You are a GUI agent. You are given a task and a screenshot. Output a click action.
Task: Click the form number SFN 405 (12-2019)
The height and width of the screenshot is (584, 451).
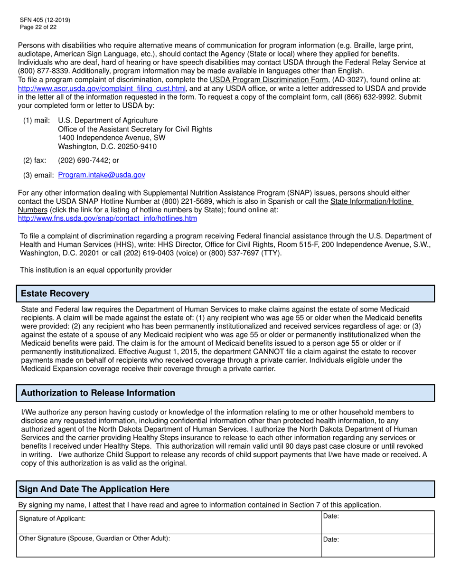[x=45, y=20]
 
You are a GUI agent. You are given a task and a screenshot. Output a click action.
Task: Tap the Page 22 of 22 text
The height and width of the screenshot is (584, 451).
[x=38, y=27]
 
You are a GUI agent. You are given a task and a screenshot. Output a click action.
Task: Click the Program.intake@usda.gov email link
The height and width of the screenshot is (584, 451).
[x=102, y=175]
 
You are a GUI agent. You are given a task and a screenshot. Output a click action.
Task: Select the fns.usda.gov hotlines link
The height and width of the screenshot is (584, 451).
[x=107, y=218]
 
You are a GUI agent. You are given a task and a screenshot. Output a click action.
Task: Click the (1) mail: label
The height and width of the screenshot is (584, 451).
[x=36, y=121]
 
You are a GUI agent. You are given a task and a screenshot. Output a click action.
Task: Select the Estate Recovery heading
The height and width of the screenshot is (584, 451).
[x=55, y=293]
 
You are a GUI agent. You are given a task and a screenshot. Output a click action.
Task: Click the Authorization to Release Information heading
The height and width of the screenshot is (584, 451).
[x=98, y=393]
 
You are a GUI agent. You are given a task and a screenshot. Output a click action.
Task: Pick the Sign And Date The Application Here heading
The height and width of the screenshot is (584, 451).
[x=94, y=489]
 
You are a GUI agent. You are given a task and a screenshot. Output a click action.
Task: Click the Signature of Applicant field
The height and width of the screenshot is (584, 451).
[x=169, y=522]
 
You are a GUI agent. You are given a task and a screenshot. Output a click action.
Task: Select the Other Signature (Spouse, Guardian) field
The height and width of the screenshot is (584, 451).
[x=169, y=546]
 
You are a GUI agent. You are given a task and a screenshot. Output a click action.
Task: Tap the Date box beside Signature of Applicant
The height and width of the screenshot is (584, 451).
[x=377, y=522]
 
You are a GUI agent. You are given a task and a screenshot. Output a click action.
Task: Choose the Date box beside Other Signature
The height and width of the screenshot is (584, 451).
[x=377, y=546]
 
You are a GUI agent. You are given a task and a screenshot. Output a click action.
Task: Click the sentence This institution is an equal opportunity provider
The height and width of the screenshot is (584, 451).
[x=95, y=270]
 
